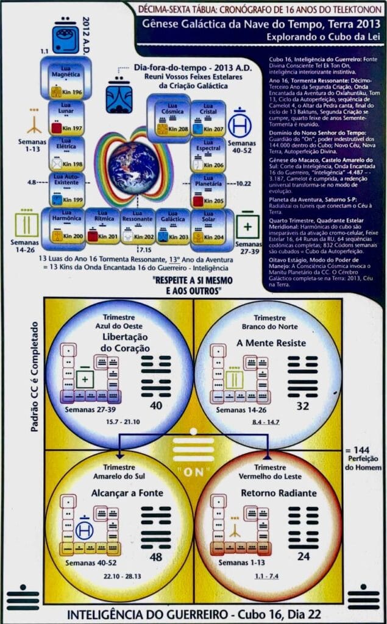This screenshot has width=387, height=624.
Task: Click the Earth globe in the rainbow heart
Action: (134, 168)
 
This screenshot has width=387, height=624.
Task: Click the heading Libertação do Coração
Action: (111, 342)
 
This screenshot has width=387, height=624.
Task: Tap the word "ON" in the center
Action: (193, 472)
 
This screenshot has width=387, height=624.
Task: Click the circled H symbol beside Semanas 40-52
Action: (240, 125)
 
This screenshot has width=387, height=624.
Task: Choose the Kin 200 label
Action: (72, 236)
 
